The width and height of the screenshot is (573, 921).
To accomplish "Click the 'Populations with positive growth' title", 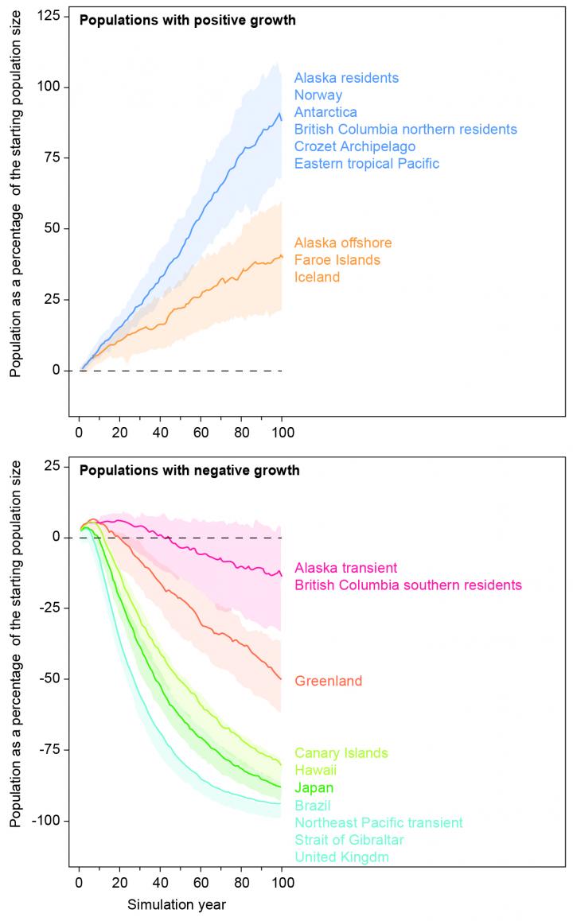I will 187,21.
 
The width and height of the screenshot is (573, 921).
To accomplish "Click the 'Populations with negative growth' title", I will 189,471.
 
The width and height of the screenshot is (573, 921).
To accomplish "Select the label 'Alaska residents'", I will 346,78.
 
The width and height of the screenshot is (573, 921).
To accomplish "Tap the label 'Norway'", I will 318,95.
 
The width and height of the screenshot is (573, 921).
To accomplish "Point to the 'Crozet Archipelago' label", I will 355,146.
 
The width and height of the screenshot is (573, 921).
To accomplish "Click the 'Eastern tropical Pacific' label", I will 366,164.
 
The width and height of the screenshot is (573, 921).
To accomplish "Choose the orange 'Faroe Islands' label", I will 337,260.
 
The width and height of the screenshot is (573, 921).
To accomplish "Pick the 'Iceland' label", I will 317,278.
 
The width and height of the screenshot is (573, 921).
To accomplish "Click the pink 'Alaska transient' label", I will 345,568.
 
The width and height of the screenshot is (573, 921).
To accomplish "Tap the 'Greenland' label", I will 328,682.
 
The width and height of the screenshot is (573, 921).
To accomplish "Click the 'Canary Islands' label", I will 341,753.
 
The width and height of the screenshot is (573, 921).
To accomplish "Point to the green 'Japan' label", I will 314,788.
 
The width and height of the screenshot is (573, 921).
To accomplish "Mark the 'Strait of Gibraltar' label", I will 349,840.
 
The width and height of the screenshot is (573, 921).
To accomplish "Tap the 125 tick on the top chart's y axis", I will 55,16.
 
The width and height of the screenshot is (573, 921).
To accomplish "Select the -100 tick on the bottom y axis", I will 53,821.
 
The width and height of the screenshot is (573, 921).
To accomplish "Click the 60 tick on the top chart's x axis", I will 201,433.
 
